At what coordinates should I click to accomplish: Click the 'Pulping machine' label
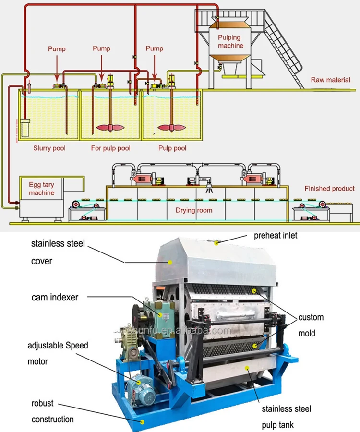click(x=231, y=41)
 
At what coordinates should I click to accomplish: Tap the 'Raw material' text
click(x=330, y=80)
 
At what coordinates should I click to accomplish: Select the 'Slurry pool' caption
click(x=49, y=148)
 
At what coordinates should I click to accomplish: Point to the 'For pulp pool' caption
click(x=110, y=148)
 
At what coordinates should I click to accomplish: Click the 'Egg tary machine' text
click(x=41, y=189)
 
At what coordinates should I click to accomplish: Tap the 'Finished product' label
click(x=329, y=189)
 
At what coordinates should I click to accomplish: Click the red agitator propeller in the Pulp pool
click(x=171, y=128)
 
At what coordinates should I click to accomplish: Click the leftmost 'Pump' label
click(x=57, y=49)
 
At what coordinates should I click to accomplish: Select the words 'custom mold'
click(x=311, y=325)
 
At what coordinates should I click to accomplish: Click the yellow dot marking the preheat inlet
click(x=216, y=243)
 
